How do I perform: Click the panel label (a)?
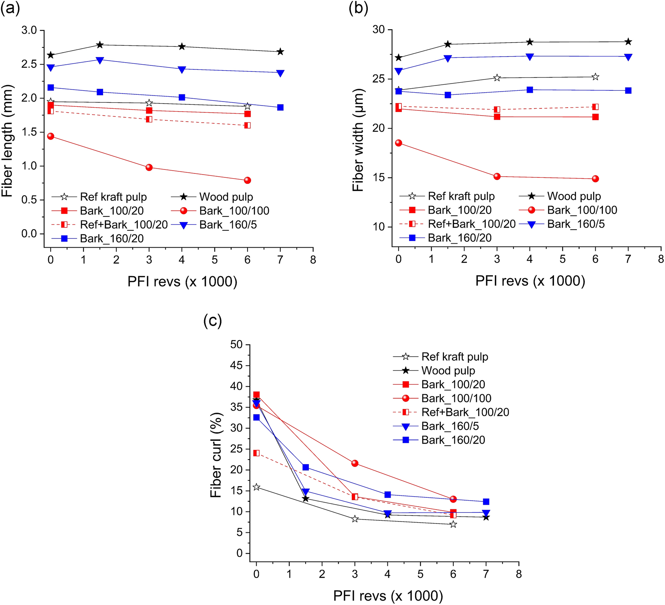[10, 8]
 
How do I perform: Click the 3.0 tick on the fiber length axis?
[29, 31]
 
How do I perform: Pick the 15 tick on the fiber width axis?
[379, 177]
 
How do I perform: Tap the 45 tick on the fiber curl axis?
[236, 365]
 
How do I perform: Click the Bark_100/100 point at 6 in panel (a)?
[247, 180]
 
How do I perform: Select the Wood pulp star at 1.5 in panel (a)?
[100, 45]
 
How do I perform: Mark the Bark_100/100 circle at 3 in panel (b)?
[497, 176]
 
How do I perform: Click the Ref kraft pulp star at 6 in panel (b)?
[595, 77]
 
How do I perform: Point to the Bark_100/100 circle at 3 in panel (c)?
[355, 463]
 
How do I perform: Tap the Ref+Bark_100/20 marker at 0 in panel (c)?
[256, 453]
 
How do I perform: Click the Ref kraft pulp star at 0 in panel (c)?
[256, 487]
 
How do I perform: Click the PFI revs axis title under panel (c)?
[388, 596]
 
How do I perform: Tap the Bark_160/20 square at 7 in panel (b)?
[628, 91]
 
